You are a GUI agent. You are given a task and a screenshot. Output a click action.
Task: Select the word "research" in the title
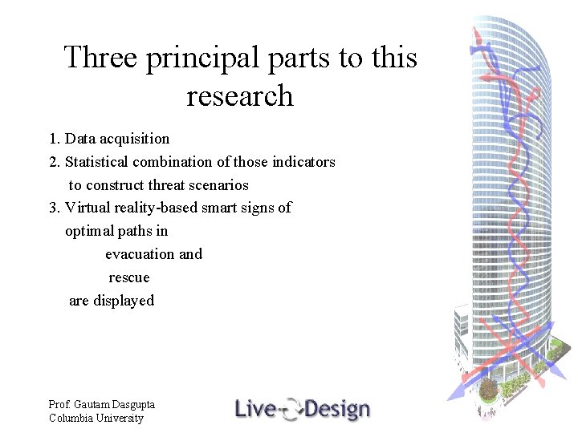pyautogui.click(x=240, y=96)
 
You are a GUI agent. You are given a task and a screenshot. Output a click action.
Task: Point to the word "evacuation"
pyautogui.click(x=140, y=254)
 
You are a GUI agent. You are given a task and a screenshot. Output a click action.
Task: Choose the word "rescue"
pyautogui.click(x=129, y=277)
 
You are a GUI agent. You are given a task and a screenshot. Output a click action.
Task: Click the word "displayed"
pyautogui.click(x=124, y=301)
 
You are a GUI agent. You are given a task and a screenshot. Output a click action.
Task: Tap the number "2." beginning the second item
pyautogui.click(x=55, y=162)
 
